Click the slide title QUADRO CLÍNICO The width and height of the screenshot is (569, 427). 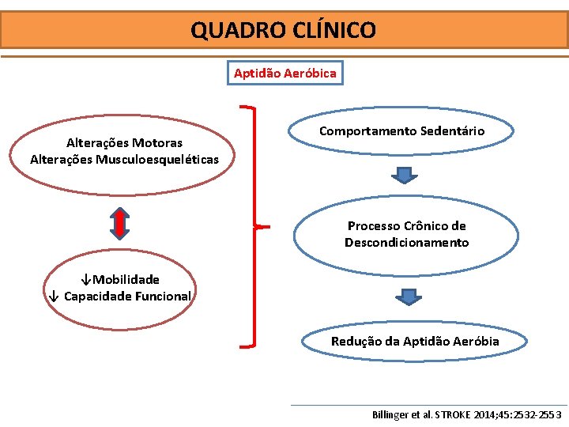(283, 31)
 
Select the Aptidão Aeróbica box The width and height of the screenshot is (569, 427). (284, 74)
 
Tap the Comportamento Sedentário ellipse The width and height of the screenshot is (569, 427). (401, 131)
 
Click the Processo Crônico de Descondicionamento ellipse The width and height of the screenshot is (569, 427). (406, 234)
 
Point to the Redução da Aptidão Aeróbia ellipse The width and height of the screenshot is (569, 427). (415, 342)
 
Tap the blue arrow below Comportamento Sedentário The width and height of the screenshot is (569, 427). (403, 176)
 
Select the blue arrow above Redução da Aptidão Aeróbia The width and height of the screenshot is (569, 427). (408, 297)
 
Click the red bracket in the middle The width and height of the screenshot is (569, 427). (253, 226)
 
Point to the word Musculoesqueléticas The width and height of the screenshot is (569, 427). (157, 160)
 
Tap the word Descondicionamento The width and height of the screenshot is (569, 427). (406, 243)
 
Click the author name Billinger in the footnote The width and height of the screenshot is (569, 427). (392, 414)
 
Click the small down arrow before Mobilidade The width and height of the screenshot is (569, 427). (86, 280)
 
